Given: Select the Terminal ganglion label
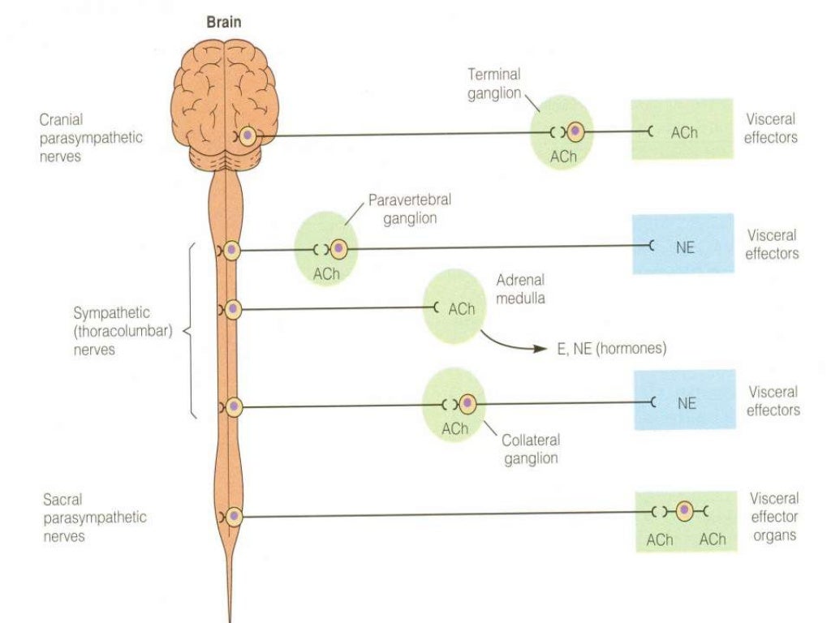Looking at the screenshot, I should pyautogui.click(x=493, y=84).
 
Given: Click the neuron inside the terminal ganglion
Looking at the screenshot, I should pyautogui.click(x=575, y=131).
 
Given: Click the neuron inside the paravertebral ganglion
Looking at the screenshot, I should pyautogui.click(x=338, y=248).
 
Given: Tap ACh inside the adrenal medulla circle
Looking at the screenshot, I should pyautogui.click(x=461, y=309).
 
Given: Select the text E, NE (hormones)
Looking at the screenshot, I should pyautogui.click(x=611, y=349).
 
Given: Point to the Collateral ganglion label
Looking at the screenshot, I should pyautogui.click(x=531, y=449).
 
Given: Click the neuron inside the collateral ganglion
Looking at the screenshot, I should pyautogui.click(x=468, y=403).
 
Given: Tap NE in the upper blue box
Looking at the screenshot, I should pyautogui.click(x=685, y=248).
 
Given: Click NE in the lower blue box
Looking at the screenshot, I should pyautogui.click(x=686, y=403).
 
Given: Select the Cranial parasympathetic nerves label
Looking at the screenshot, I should pyautogui.click(x=90, y=138).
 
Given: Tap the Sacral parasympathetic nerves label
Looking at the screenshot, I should pyautogui.click(x=96, y=517).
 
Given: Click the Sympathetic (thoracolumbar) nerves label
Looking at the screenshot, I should pyautogui.click(x=123, y=331).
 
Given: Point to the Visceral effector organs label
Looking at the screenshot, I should pyautogui.click(x=773, y=517).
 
